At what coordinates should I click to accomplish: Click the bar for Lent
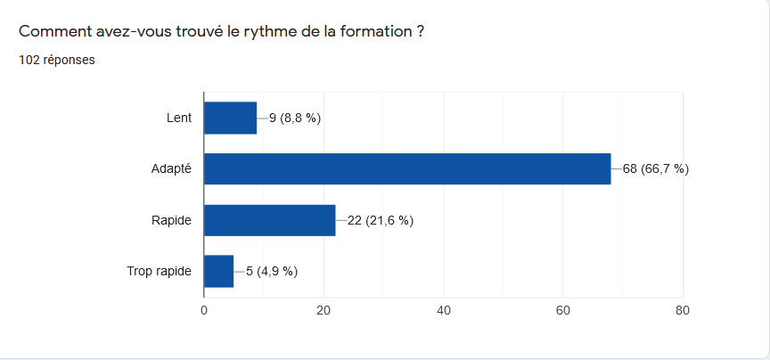[x=230, y=118]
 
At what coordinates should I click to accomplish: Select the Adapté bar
[x=407, y=168]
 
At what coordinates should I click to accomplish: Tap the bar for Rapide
[x=269, y=220]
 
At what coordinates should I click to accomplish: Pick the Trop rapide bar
[x=218, y=271]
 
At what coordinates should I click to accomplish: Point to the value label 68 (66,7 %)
[x=656, y=168]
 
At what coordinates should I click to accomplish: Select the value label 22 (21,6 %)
[x=381, y=220]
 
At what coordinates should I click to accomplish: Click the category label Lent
[x=179, y=118]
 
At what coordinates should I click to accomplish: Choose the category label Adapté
[x=171, y=168]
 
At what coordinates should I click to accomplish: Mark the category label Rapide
[x=171, y=220]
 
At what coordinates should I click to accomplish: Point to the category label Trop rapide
[x=160, y=271]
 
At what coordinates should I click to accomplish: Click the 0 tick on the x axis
[x=204, y=310]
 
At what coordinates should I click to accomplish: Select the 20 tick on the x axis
[x=324, y=310]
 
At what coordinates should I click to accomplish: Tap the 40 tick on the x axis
[x=443, y=310]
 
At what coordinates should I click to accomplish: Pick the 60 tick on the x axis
[x=562, y=310]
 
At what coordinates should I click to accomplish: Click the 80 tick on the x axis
[x=682, y=310]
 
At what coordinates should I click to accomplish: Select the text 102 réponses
[x=57, y=61]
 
